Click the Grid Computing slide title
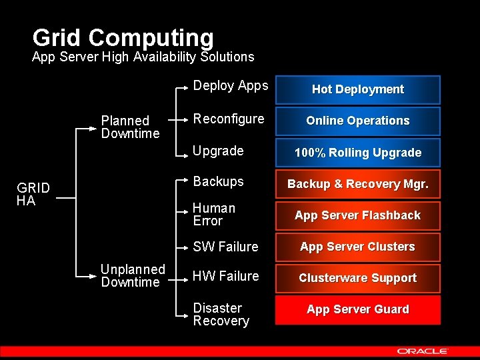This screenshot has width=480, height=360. tap(123, 38)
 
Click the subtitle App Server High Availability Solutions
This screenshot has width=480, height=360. tap(143, 57)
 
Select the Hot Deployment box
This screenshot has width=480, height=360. tap(358, 89)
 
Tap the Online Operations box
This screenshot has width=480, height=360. tap(358, 121)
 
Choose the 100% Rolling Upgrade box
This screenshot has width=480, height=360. tap(358, 153)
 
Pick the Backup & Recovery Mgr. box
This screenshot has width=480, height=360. tap(358, 184)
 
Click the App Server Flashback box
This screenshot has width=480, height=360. tap(358, 215)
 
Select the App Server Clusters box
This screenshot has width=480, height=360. tap(358, 247)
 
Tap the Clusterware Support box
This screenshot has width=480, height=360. tap(358, 278)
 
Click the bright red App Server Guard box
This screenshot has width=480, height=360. tap(358, 309)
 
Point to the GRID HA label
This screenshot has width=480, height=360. tap(33, 194)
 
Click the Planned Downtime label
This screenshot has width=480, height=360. tap(130, 127)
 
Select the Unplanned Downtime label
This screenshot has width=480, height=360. tap(132, 276)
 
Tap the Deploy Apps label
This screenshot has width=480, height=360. tap(230, 85)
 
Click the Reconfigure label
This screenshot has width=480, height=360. tap(228, 119)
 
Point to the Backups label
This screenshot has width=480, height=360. tap(218, 181)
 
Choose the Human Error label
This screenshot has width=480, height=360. tap(213, 215)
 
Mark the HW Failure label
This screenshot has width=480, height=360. tap(225, 276)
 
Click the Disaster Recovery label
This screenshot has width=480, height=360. tap(221, 315)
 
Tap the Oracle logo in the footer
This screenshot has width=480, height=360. tap(423, 351)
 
